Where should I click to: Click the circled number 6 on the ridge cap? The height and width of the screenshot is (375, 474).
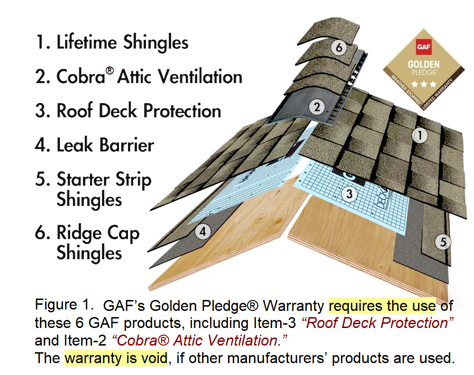[x=338, y=48]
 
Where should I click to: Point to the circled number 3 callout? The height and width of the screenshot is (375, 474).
[x=349, y=193]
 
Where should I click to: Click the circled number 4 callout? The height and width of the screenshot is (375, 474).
[x=203, y=232]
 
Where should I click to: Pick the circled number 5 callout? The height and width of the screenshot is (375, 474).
[x=443, y=242]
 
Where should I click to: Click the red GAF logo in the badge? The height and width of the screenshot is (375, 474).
[x=422, y=47]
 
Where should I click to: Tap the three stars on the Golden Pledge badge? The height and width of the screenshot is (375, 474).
[x=421, y=84]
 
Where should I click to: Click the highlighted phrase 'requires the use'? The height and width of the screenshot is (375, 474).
[x=382, y=305]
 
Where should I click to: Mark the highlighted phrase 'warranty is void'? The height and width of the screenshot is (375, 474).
[x=116, y=357]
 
